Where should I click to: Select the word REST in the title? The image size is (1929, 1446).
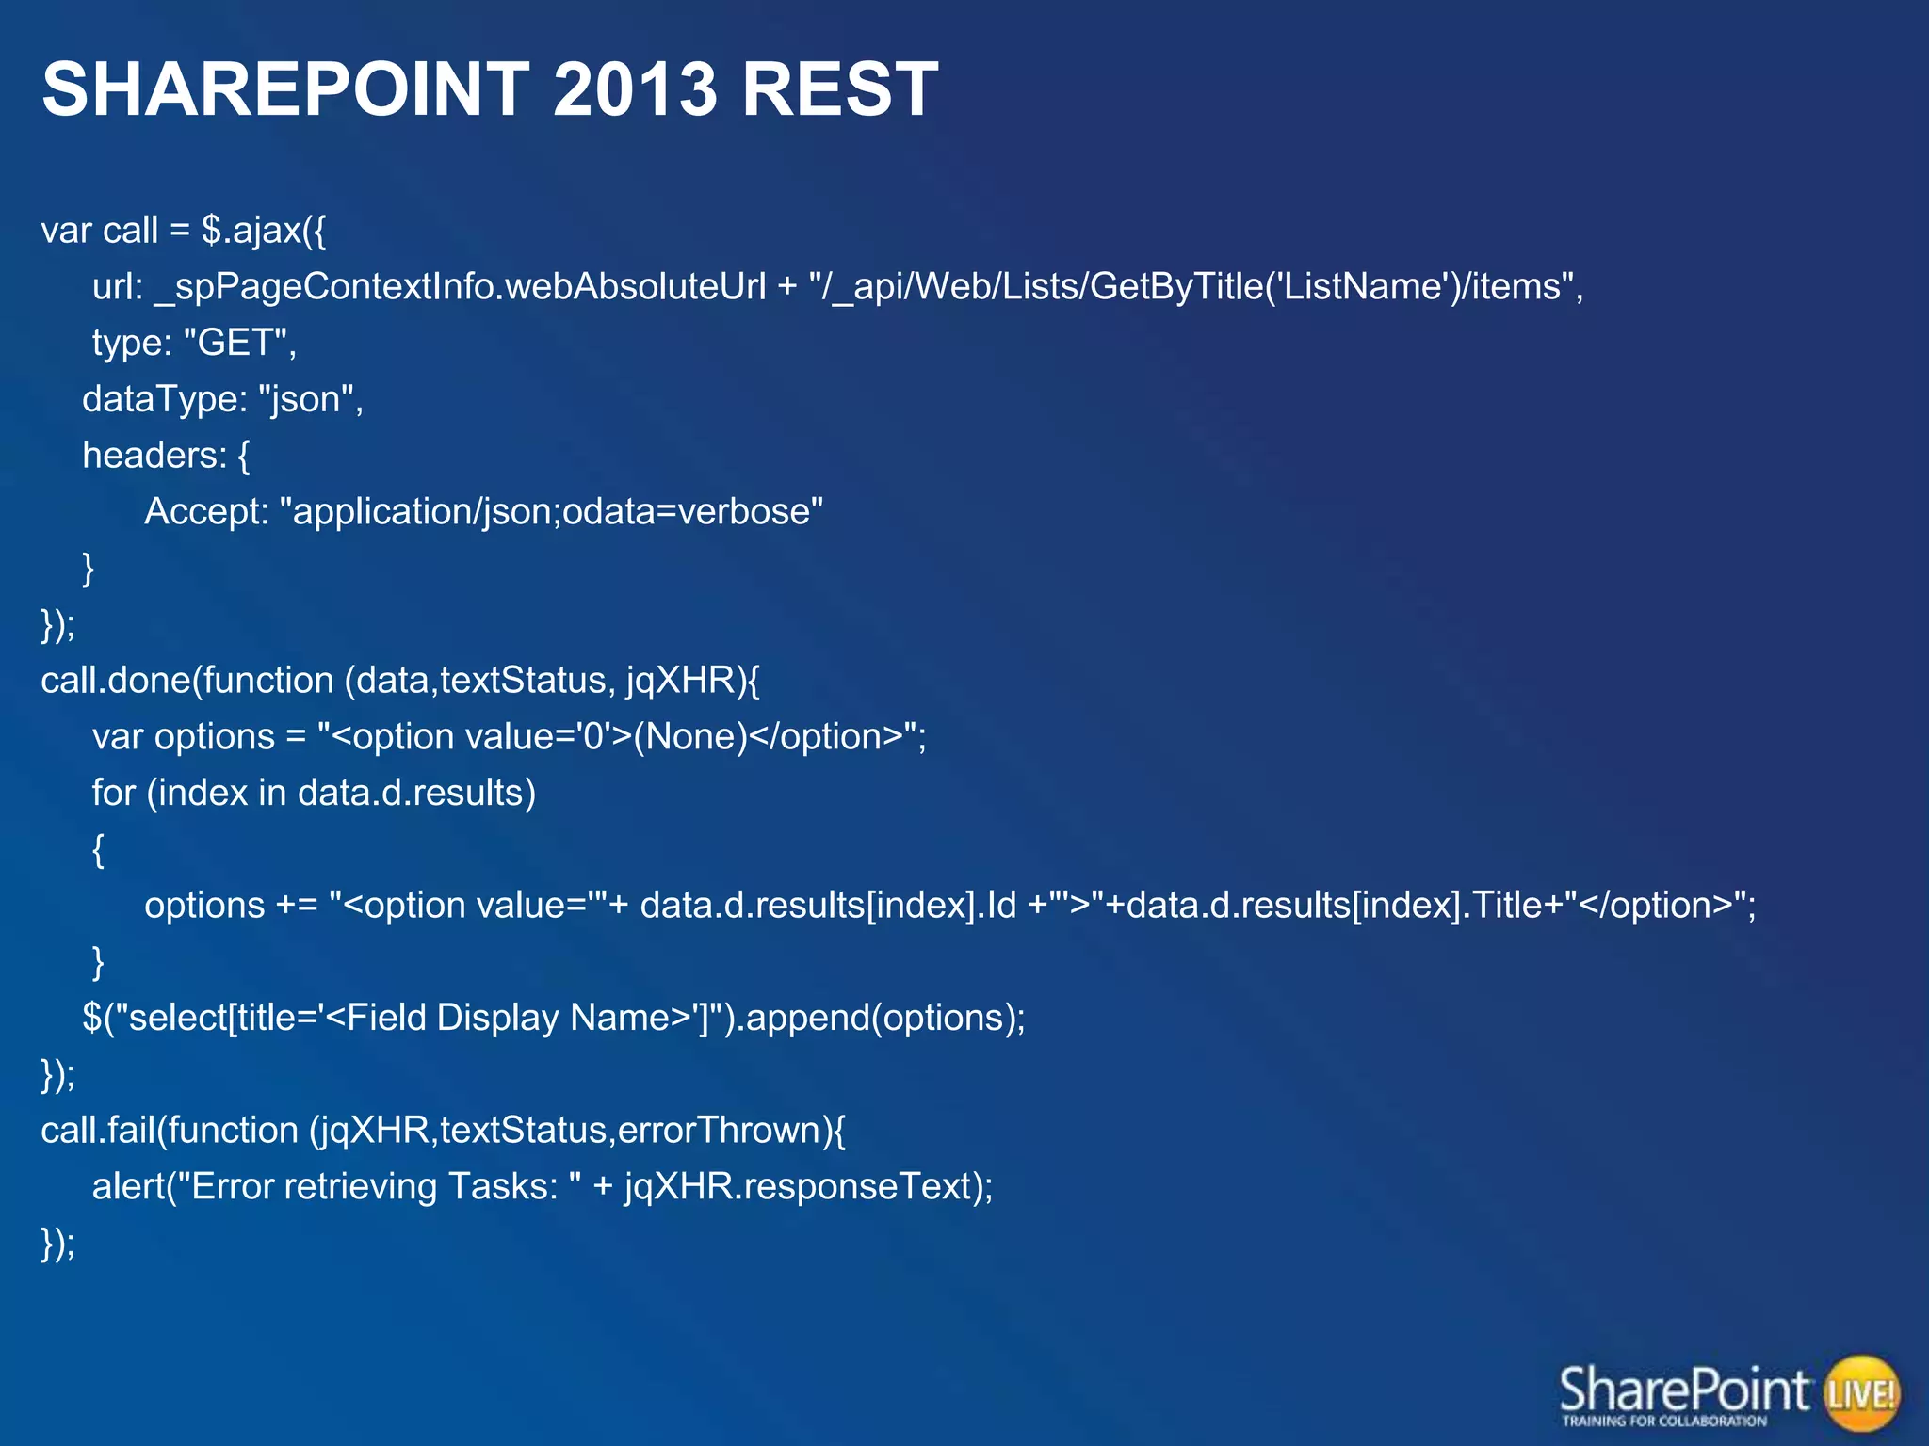[839, 89]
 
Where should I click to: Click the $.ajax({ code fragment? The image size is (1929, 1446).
[264, 231]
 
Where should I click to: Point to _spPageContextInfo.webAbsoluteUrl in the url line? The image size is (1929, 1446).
[460, 287]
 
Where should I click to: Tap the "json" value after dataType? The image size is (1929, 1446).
[305, 399]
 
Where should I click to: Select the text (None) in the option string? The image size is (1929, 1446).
[690, 736]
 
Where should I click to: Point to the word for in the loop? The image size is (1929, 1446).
[113, 793]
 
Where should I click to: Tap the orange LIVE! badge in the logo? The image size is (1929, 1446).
[1861, 1393]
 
